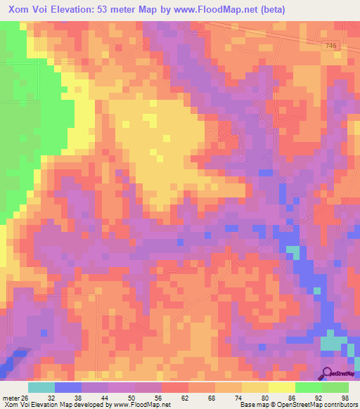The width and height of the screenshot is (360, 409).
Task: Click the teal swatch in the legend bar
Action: click(x=41, y=387)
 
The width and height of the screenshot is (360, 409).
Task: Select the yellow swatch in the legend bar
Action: click(x=282, y=387)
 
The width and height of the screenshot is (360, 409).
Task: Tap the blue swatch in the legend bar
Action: click(x=68, y=387)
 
